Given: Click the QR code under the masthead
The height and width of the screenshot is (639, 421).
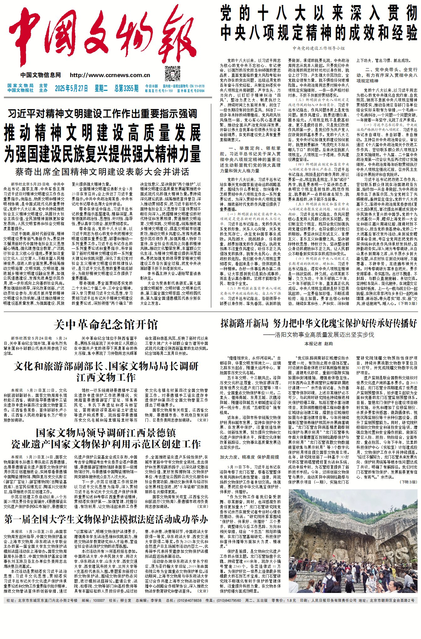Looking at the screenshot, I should pyautogui.click(x=173, y=73).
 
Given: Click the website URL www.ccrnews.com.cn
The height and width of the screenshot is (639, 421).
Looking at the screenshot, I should pyautogui.click(x=110, y=75).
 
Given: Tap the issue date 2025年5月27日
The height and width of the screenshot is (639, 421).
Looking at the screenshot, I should pyautogui.click(x=71, y=88).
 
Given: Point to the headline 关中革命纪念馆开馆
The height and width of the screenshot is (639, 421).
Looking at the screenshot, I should pyautogui.click(x=106, y=325).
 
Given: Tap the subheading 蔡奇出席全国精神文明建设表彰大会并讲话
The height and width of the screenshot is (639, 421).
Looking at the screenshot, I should pyautogui.click(x=102, y=172).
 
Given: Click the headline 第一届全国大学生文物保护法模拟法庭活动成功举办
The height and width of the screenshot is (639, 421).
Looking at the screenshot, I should pyautogui.click(x=106, y=520).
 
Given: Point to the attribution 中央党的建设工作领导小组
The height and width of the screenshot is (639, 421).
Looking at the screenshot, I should pyautogui.click(x=319, y=48).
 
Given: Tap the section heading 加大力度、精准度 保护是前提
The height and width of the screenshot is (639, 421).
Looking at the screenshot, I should pyautogui.click(x=249, y=457).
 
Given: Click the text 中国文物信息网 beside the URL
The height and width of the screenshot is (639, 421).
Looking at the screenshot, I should pyautogui.click(x=41, y=75).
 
